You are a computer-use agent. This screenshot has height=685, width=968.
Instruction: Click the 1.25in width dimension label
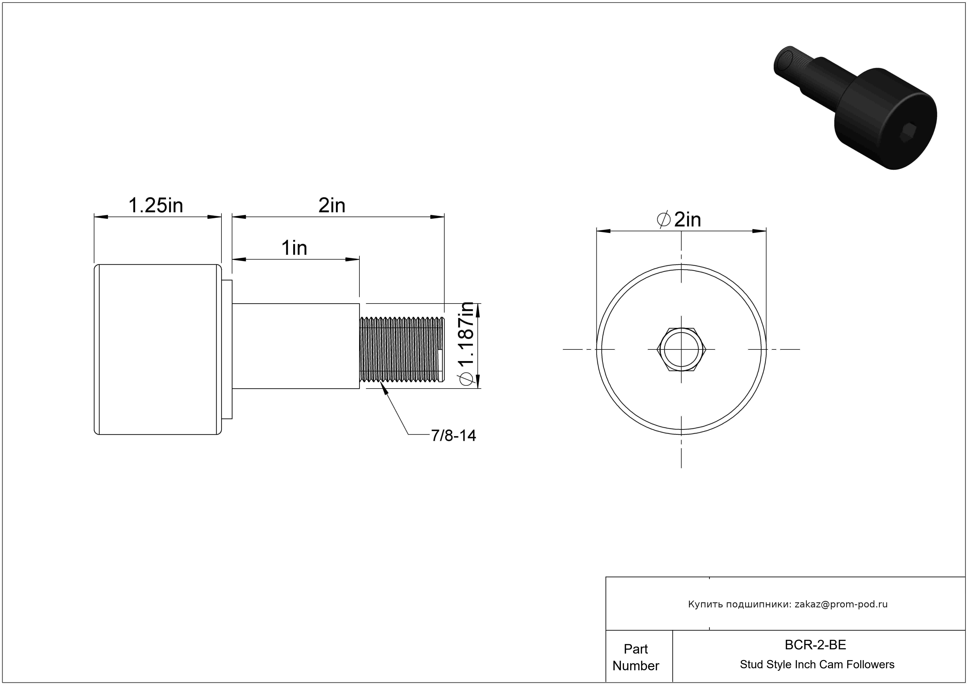click(x=156, y=206)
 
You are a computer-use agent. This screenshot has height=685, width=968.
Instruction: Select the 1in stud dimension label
click(x=294, y=248)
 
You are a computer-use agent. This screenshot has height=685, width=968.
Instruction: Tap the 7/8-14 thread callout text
click(x=453, y=436)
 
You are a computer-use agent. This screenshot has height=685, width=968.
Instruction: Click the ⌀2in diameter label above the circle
click(x=679, y=219)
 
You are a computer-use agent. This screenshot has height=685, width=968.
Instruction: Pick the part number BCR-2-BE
click(x=815, y=645)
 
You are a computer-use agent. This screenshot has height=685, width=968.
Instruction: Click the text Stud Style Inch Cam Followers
click(x=817, y=664)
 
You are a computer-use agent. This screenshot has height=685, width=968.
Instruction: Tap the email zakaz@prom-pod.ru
click(x=841, y=604)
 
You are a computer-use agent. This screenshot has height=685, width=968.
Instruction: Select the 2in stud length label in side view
click(x=332, y=206)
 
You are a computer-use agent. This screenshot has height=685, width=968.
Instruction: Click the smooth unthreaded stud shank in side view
click(x=296, y=346)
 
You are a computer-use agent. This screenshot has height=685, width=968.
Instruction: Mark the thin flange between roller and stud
click(x=227, y=349)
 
